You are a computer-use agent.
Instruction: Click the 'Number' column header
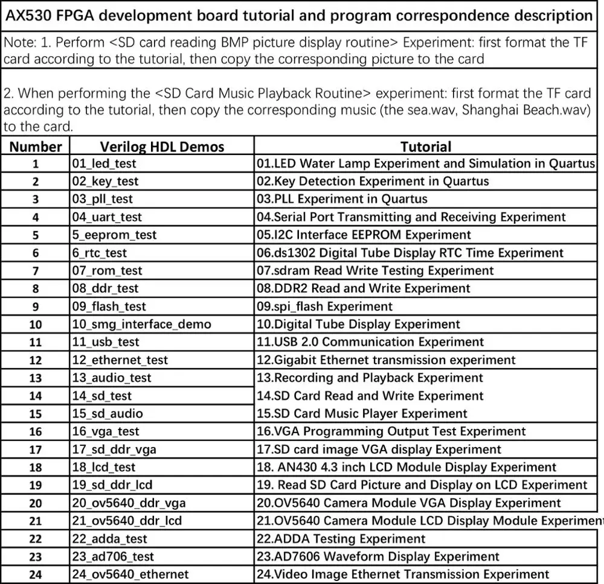tap(36, 147)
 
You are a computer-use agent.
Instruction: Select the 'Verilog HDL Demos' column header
tap(162, 147)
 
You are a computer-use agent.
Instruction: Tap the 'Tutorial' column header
tap(426, 147)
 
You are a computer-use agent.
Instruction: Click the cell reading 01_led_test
tap(104, 163)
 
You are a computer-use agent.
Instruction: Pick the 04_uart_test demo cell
tap(108, 217)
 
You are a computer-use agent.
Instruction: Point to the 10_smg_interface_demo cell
tap(142, 325)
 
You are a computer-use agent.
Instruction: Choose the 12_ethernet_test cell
tap(120, 360)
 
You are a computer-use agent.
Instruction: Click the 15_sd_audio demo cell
tap(108, 414)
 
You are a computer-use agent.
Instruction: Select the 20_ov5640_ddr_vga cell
tap(129, 503)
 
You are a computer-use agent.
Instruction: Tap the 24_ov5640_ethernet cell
tap(130, 574)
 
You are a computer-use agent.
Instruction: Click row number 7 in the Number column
tap(36, 271)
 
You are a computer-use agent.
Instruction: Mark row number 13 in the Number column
tap(36, 378)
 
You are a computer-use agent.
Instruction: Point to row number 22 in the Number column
tap(36, 539)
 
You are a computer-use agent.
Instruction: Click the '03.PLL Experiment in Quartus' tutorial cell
tap(342, 199)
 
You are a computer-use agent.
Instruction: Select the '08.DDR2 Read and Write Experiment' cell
tap(364, 288)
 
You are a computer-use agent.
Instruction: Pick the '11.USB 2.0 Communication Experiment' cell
tap(370, 342)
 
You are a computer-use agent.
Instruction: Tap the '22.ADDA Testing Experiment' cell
tap(341, 539)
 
